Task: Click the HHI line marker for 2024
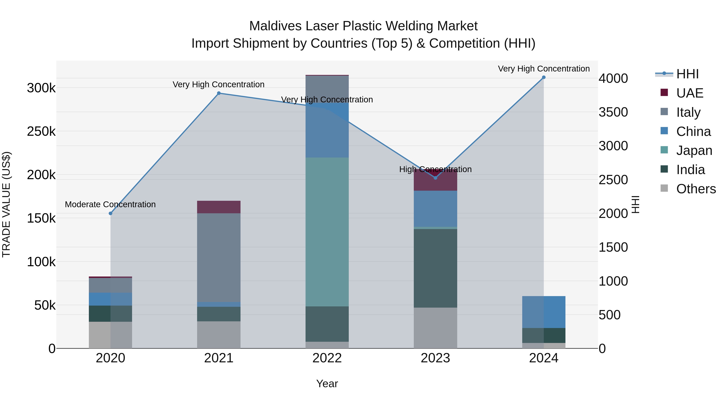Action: [x=544, y=77]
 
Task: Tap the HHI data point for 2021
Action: [x=219, y=93]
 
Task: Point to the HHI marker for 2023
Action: [x=435, y=178]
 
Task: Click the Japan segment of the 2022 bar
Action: [x=327, y=231]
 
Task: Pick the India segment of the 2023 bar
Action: [x=435, y=268]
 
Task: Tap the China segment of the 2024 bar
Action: [x=544, y=312]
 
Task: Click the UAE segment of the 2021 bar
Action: [x=219, y=207]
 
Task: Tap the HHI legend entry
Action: [x=687, y=74]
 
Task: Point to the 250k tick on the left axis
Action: [x=41, y=131]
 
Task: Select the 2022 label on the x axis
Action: [x=327, y=358]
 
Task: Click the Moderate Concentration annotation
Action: [x=110, y=204]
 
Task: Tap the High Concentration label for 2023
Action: [x=435, y=169]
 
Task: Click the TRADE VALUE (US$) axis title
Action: [x=6, y=204]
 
